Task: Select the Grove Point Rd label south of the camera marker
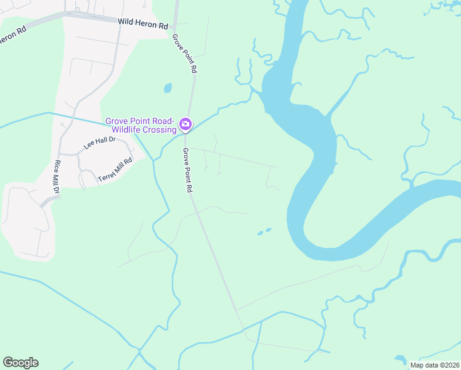point(187,170)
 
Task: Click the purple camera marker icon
point(185,125)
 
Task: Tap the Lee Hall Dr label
point(100,144)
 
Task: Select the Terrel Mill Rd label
point(115,170)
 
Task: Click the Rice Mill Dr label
point(56,178)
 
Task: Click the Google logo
point(20,363)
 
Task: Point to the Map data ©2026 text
point(434,365)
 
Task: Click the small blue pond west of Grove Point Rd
point(167,88)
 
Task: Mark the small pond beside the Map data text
point(401,358)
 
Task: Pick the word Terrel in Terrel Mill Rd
point(107,176)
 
